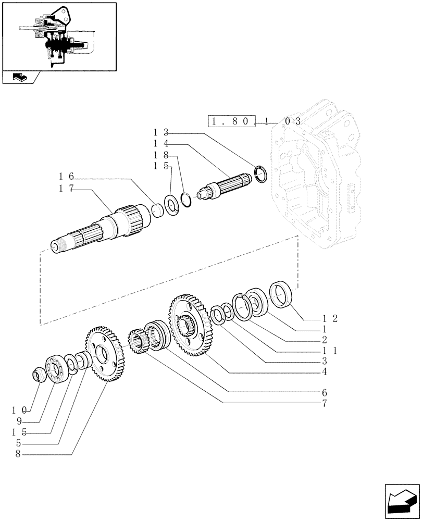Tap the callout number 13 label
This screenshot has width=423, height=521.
[160, 133]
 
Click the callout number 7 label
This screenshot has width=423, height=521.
[325, 403]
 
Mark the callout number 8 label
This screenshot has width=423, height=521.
[19, 454]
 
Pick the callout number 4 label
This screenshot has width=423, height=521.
[325, 371]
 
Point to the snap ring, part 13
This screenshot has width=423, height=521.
[261, 174]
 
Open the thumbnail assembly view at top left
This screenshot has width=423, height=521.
[58, 36]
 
